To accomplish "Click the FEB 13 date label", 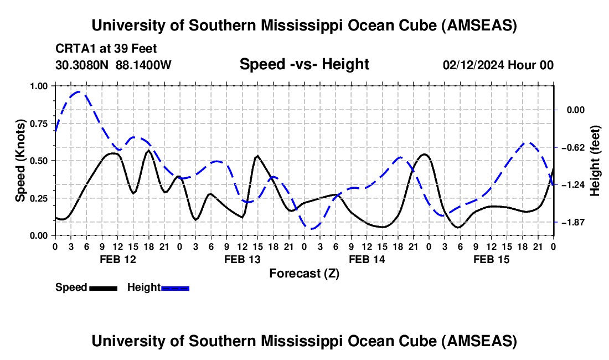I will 242,259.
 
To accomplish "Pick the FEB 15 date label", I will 492,259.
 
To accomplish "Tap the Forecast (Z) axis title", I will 304,273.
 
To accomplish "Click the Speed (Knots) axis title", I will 20,161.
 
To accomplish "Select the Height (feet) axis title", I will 596,161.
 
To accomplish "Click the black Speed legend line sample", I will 103,287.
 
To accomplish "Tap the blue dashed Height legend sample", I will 175,287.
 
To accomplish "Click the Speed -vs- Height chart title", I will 304,64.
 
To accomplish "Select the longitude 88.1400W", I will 144,65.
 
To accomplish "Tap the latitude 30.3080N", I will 82,65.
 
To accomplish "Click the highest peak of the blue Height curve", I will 79,92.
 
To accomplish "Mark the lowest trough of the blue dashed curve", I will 312,228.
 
